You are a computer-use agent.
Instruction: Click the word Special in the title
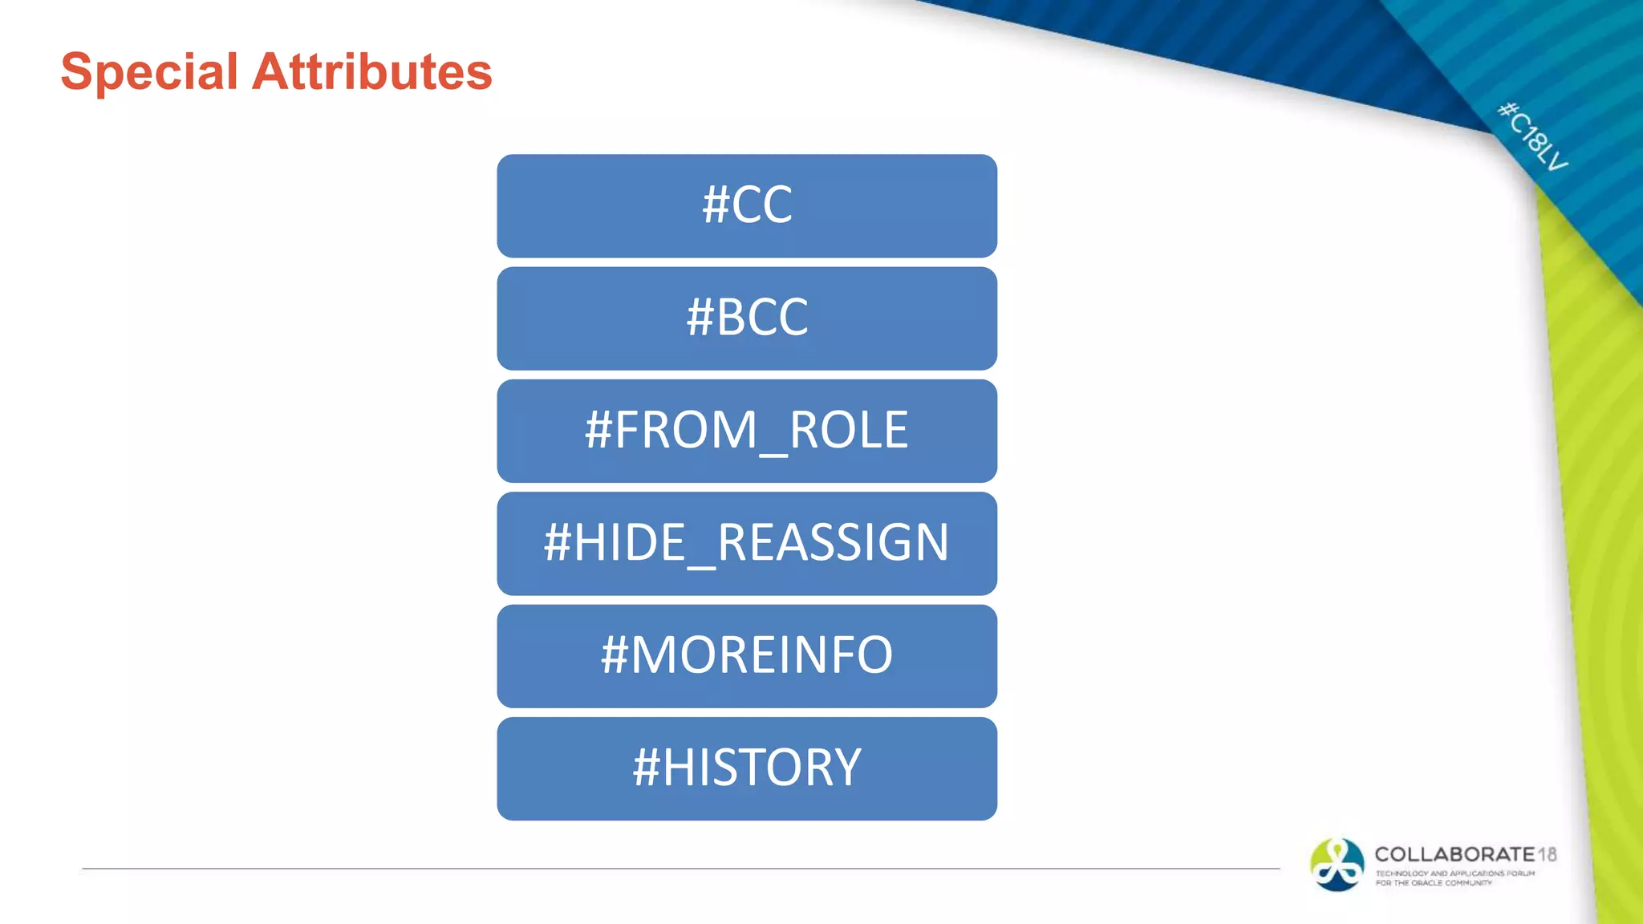(x=149, y=72)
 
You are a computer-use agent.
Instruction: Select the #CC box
(x=747, y=205)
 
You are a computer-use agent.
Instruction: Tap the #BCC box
(x=747, y=318)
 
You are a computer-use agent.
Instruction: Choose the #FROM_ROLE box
(x=747, y=431)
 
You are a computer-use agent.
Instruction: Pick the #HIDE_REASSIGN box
(x=747, y=543)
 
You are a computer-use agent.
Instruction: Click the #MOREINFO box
(x=747, y=656)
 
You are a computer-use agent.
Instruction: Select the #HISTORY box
(x=747, y=768)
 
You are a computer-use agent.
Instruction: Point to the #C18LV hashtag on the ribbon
(x=1532, y=136)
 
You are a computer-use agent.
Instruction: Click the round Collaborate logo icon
(x=1337, y=865)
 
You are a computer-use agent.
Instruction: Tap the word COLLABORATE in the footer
(x=1454, y=854)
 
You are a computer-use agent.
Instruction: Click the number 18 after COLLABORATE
(x=1548, y=854)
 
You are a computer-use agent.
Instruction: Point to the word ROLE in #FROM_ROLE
(x=849, y=431)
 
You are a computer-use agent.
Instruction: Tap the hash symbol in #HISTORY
(x=646, y=768)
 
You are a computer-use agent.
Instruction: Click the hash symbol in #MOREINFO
(x=614, y=656)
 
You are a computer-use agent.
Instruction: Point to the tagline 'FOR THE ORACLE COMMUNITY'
(x=1434, y=883)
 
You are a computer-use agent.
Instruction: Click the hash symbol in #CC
(x=715, y=205)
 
